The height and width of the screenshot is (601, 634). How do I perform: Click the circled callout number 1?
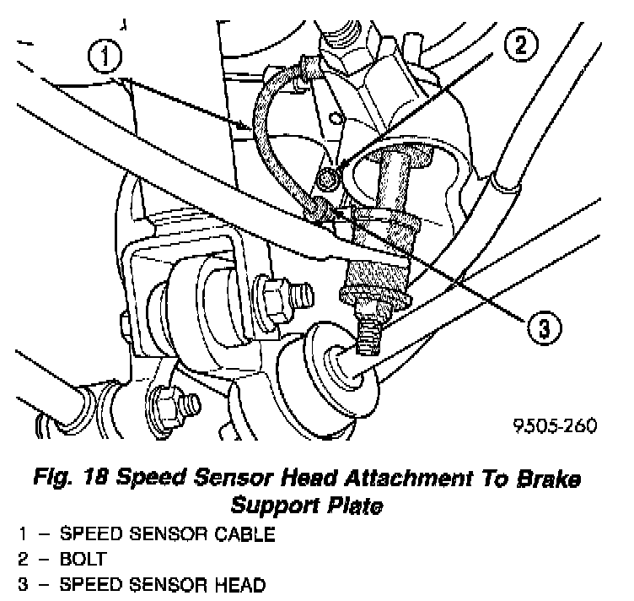pos(105,58)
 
